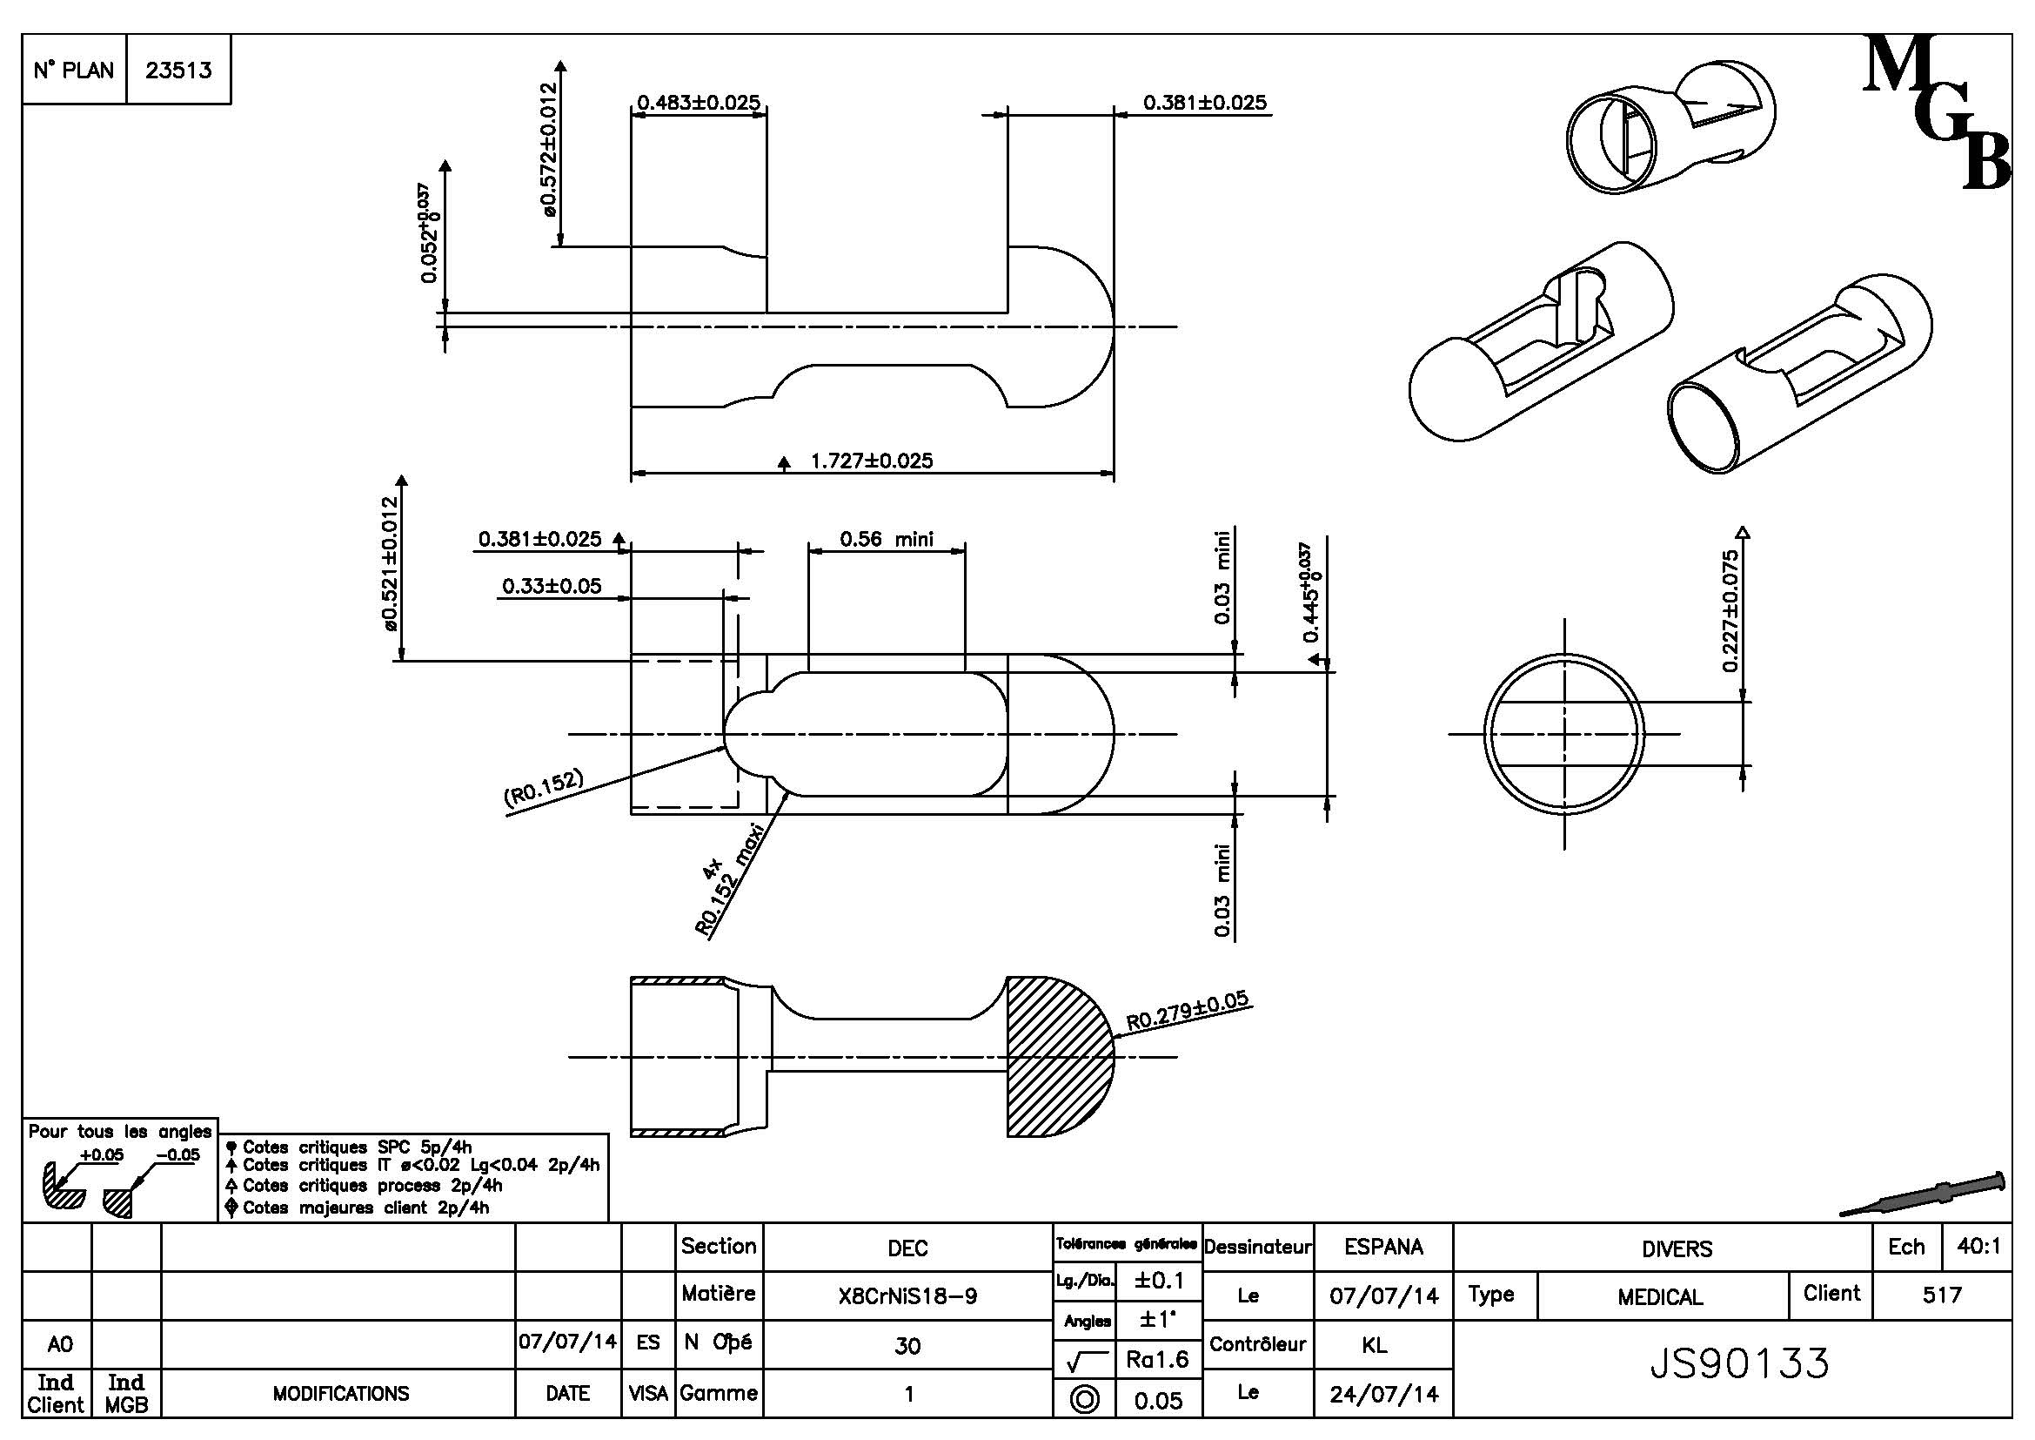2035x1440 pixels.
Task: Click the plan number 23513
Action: [x=178, y=70]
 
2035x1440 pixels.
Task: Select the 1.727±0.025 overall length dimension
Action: [x=871, y=461]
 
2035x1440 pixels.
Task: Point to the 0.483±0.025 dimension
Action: [x=699, y=103]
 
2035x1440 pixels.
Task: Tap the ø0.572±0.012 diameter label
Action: [x=550, y=150]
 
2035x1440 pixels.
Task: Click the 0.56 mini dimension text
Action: [x=886, y=539]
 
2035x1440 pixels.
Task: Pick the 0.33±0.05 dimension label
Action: [x=552, y=586]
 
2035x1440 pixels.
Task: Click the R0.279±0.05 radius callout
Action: [x=1187, y=1011]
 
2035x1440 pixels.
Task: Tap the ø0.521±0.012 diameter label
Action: [x=390, y=564]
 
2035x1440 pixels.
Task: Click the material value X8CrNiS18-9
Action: [x=907, y=1296]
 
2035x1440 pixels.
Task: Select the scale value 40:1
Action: [x=1978, y=1247]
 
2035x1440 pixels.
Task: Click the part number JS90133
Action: [x=1739, y=1363]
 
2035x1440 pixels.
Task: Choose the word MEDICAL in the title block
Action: [x=1660, y=1297]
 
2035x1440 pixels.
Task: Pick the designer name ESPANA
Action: [x=1383, y=1247]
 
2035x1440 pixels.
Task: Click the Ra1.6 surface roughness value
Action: [x=1158, y=1358]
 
